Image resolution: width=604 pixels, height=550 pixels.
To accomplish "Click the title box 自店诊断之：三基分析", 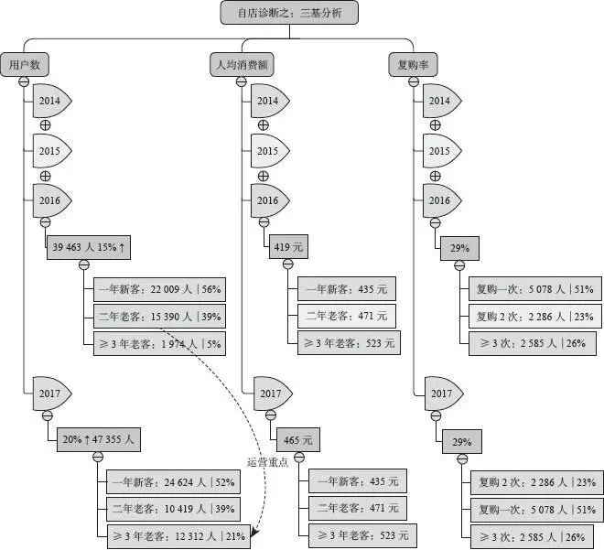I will point(289,12).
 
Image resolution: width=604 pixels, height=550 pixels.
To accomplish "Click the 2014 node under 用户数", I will point(50,100).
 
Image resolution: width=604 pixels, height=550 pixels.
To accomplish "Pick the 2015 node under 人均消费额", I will point(268,150).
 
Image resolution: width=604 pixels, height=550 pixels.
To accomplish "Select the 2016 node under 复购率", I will point(440,200).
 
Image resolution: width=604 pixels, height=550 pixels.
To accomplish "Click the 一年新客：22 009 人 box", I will point(157,289).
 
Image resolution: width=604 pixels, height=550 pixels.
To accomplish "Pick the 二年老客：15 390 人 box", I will point(157,316).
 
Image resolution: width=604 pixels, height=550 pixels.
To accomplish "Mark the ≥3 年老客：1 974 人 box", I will point(157,343).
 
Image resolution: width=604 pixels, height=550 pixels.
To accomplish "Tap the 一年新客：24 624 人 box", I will point(171,481).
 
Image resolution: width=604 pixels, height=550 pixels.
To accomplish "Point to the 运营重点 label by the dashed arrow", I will point(267,461).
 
